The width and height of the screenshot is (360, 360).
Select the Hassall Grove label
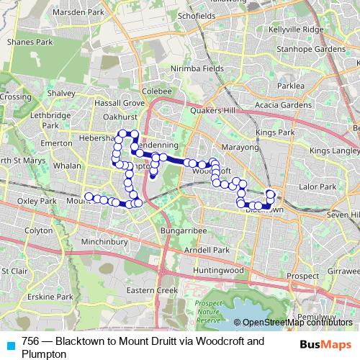[x=120, y=103]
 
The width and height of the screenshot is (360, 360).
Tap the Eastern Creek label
[x=151, y=289]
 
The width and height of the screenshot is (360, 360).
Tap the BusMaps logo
[x=327, y=345]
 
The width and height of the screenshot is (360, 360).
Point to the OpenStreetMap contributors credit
[x=296, y=323]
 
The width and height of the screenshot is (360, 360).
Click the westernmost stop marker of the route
[x=89, y=196]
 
